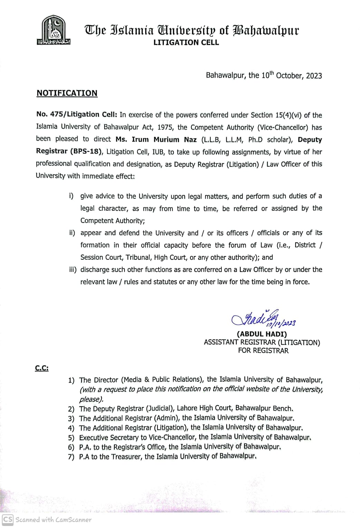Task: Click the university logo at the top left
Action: (54, 31)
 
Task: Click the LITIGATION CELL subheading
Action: (186, 43)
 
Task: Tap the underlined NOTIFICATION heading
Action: (67, 93)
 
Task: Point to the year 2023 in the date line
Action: (314, 76)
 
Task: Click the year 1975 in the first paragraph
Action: (165, 127)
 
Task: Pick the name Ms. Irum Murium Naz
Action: (156, 140)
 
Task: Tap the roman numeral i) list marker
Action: (71, 196)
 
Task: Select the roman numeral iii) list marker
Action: (73, 270)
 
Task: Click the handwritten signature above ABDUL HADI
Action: (263, 318)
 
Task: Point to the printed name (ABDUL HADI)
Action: (262, 334)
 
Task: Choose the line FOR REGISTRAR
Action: (263, 351)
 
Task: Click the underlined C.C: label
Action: (42, 368)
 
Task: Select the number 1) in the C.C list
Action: (71, 380)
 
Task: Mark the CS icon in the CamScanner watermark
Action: (8, 519)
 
